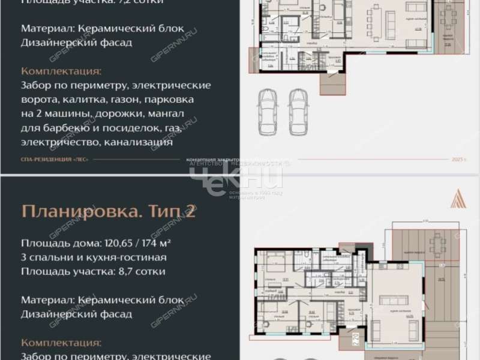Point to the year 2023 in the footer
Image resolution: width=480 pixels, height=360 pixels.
(458, 160)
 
